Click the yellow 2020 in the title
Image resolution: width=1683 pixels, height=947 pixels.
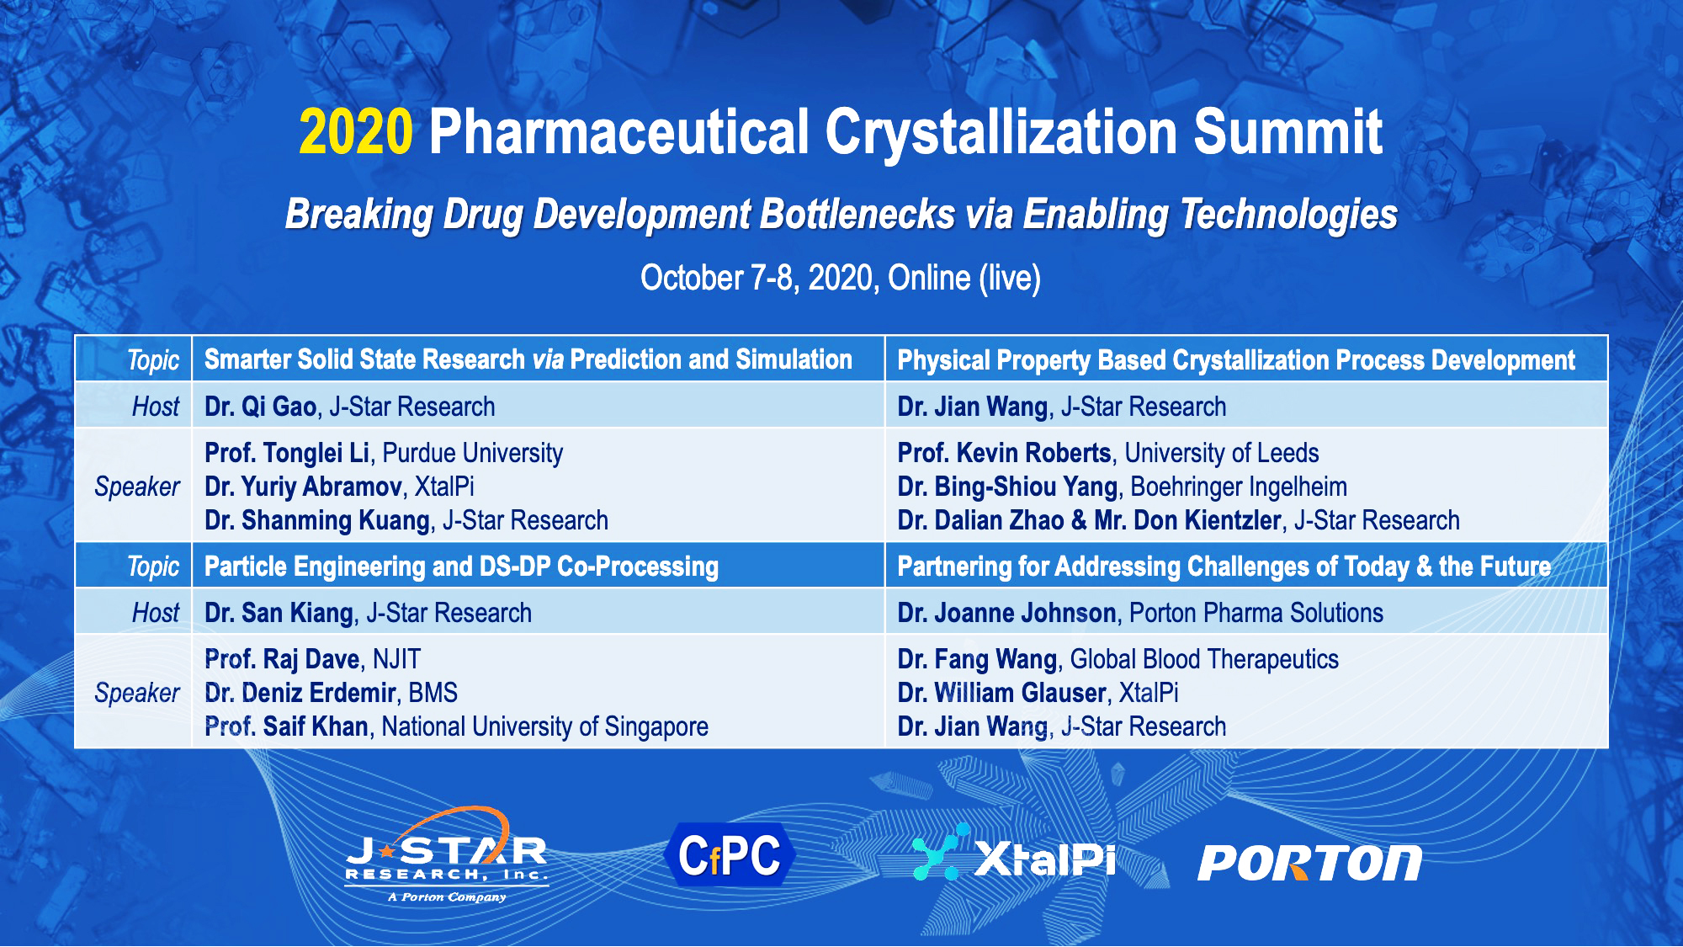point(356,132)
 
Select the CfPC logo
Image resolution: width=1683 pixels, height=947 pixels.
point(729,855)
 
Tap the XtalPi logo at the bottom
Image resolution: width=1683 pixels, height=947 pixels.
point(1014,855)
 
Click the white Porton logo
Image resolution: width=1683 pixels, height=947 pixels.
point(1309,863)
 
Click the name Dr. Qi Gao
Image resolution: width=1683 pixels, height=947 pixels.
point(260,407)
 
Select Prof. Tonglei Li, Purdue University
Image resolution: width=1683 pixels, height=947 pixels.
point(384,453)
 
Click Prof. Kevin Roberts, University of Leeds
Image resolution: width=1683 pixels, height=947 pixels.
point(1107,453)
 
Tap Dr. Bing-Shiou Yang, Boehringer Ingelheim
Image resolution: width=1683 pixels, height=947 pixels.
point(1122,487)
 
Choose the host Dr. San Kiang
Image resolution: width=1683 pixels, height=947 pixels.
point(279,613)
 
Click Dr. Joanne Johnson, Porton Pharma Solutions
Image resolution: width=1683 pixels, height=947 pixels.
point(1139,613)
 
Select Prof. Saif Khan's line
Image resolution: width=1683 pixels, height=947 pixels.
point(456,726)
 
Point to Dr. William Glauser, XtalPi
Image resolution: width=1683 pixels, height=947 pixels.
point(1038,693)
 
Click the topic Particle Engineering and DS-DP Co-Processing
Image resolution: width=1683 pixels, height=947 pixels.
point(461,567)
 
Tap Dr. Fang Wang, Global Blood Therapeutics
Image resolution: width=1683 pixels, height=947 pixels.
point(1118,659)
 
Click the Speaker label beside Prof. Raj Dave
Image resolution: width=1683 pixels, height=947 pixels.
point(136,693)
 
